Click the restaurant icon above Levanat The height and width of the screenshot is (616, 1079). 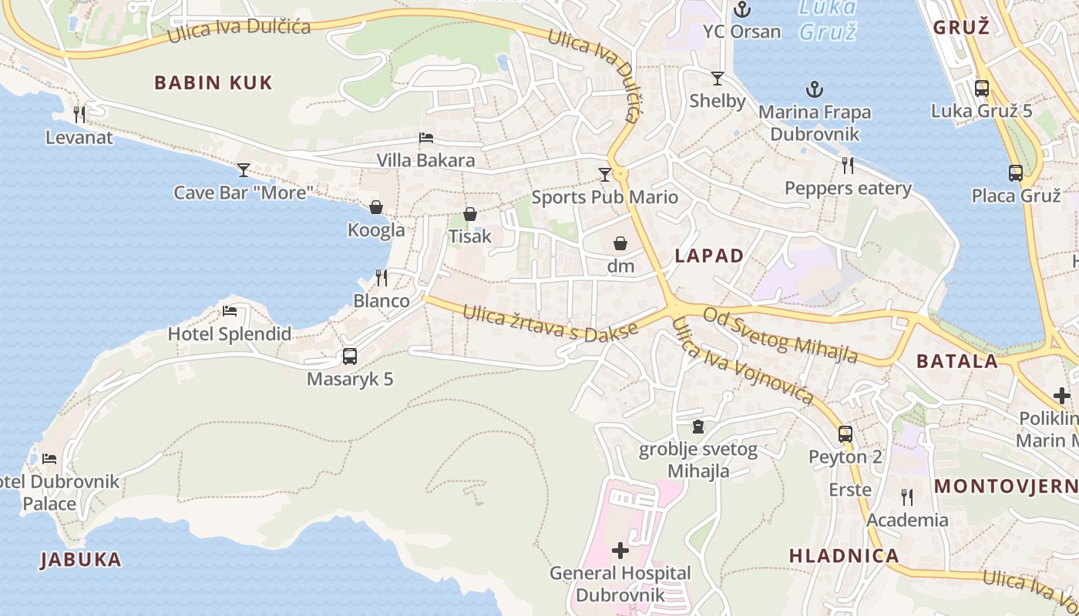(79, 115)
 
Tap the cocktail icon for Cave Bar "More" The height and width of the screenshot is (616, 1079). (244, 169)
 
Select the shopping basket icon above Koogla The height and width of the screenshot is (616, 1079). (376, 207)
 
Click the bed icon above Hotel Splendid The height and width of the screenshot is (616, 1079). (230, 311)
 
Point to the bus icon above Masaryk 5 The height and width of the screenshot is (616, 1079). (350, 357)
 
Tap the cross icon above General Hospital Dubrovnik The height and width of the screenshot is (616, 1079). (620, 551)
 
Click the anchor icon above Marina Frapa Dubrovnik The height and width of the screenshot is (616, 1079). (815, 89)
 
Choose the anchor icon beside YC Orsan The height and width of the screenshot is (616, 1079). (742, 9)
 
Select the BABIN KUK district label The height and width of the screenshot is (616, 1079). (213, 82)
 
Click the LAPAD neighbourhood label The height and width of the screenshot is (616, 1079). (709, 256)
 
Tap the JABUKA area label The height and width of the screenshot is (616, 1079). (81, 560)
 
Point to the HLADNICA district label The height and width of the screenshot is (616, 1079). (844, 556)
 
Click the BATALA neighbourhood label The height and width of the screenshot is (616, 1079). (956, 360)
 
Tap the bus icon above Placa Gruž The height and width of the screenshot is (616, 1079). (1016, 173)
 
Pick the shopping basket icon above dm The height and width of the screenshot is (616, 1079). (620, 244)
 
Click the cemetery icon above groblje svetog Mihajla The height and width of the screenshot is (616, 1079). (698, 426)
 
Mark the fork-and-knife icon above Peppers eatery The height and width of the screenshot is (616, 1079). (848, 165)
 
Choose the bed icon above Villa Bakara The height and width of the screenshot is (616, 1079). (426, 138)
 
